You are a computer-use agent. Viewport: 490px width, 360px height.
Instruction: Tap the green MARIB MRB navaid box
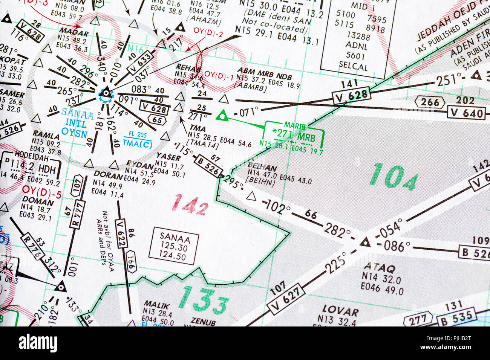pyautogui.click(x=295, y=134)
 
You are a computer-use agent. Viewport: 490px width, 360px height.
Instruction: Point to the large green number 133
pyautogui.click(x=204, y=300)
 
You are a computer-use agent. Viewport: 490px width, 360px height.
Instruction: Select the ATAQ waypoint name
pyautogui.click(x=379, y=268)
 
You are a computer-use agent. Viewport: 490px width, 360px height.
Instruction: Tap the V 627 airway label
pyautogui.click(x=285, y=299)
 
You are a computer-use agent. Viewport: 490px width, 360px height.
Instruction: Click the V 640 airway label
pyautogui.click(x=466, y=113)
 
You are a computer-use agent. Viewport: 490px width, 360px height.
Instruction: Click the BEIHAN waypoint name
pyautogui.click(x=262, y=168)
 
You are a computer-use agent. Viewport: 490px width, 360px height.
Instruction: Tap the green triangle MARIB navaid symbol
pyautogui.click(x=222, y=116)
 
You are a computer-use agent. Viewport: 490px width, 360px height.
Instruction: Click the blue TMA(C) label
pyautogui.click(x=138, y=143)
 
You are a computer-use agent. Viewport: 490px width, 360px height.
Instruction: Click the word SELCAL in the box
pyautogui.click(x=353, y=67)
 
